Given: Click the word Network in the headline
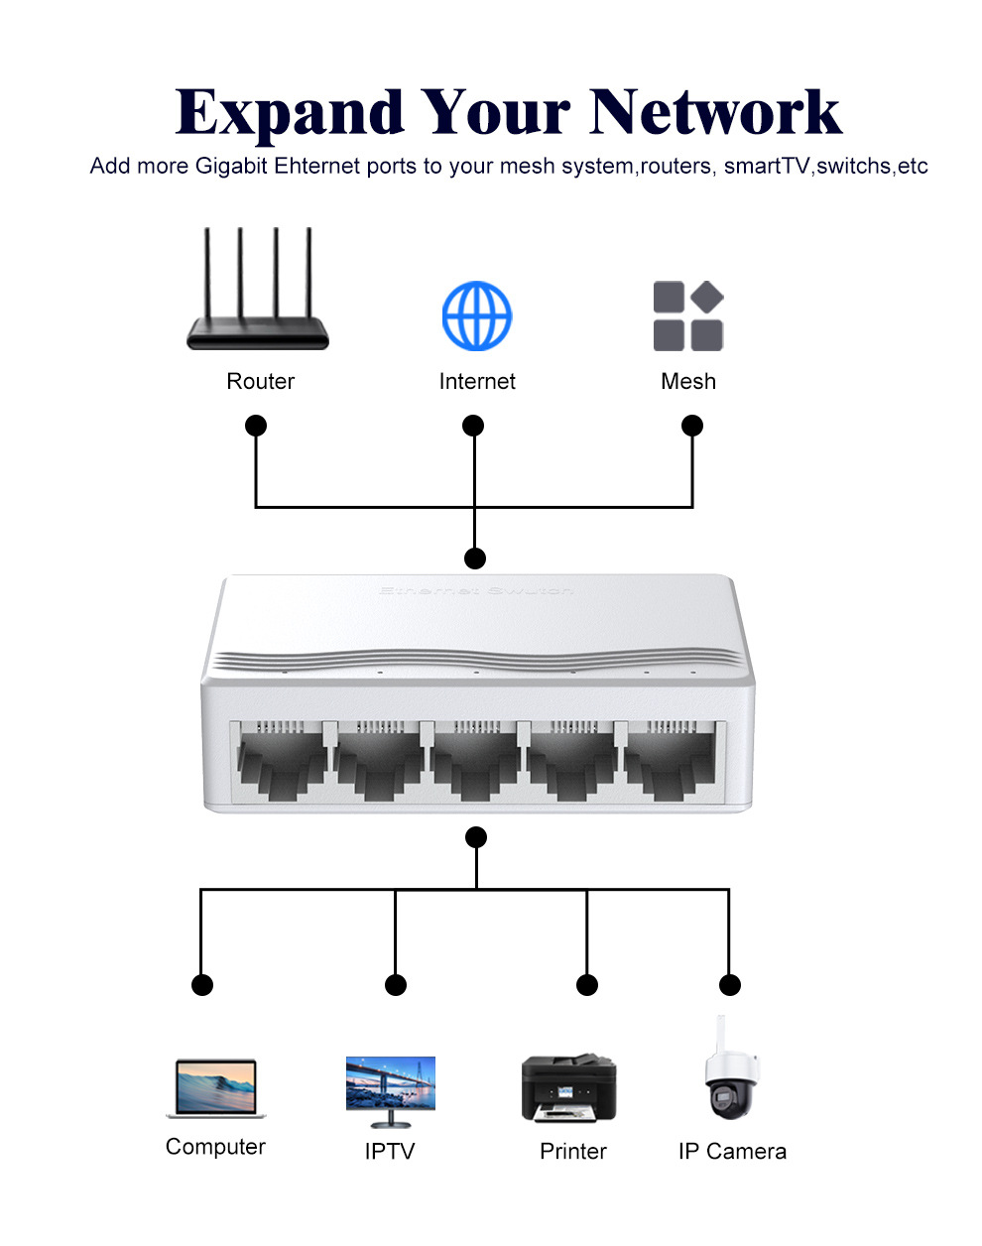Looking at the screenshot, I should tap(715, 112).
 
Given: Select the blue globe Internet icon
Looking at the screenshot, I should tap(477, 315).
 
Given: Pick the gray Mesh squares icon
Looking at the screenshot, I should tap(688, 315).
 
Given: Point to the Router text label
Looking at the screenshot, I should tap(261, 382).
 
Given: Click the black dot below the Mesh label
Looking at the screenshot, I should tap(692, 426).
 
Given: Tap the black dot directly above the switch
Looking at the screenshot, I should tap(476, 558).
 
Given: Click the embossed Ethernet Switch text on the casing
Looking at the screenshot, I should tap(476, 591).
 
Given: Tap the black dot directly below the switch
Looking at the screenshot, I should tap(476, 837).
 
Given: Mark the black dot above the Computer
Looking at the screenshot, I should tap(201, 985).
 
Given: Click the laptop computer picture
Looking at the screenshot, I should tap(216, 1088).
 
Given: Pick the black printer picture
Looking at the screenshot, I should tap(569, 1088).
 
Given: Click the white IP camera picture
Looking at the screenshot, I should tap(732, 1070).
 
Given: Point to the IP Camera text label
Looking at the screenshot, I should tap(732, 1152).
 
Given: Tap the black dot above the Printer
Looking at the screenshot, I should tap(587, 985).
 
